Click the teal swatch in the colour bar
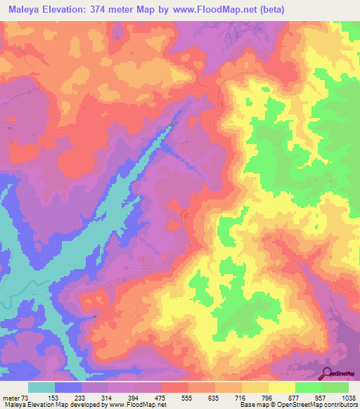(41, 387)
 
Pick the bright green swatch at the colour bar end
(335, 387)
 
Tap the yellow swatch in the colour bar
(282, 387)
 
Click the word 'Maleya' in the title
(22, 9)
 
